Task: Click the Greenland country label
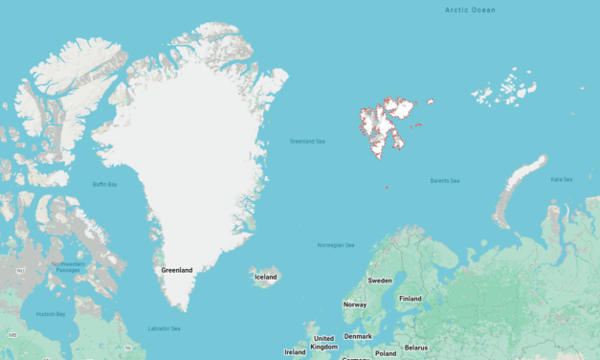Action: [x=177, y=270]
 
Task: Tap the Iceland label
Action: [x=265, y=277]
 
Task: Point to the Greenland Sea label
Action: [x=307, y=142]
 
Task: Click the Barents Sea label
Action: [x=444, y=181]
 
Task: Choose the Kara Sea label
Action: [x=562, y=179]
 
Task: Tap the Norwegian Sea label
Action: [x=336, y=245]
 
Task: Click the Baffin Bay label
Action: [x=104, y=184]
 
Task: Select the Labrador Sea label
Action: [x=163, y=328]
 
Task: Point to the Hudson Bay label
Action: [x=51, y=314]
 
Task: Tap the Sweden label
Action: [x=380, y=281]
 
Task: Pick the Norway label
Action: [x=355, y=304]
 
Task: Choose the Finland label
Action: [x=411, y=299]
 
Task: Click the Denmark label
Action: [x=358, y=336]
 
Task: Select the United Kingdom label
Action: [x=324, y=342]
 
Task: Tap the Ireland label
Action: [x=295, y=351]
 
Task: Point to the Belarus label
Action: [x=416, y=348]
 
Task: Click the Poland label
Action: [x=385, y=352]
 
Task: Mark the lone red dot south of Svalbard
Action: [x=387, y=188]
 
